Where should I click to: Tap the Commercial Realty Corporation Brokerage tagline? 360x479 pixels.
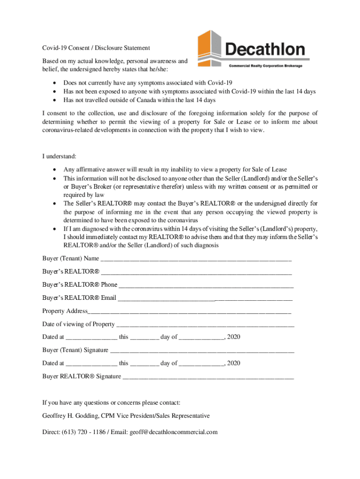click(x=265, y=66)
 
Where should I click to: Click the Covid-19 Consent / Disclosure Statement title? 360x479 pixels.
click(x=96, y=48)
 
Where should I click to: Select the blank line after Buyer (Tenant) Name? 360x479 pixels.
click(x=196, y=259)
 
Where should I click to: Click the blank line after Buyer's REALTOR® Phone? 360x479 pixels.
click(x=205, y=285)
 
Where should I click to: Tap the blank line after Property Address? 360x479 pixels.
click(x=189, y=311)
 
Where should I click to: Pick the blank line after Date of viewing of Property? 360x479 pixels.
click(x=205, y=324)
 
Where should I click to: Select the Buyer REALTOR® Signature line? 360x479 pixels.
click(x=208, y=377)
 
